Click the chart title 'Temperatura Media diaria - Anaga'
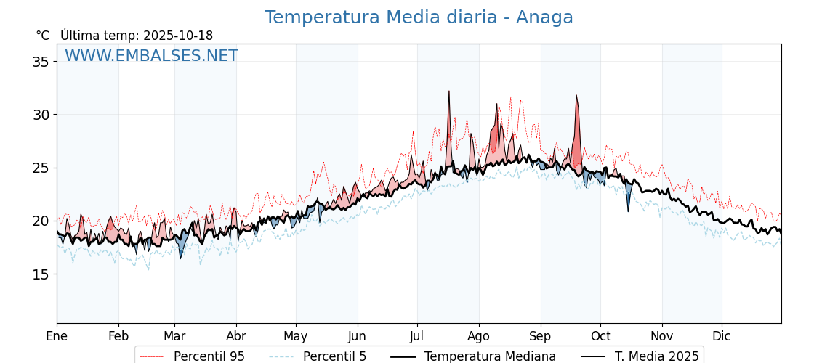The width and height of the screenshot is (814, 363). point(419,17)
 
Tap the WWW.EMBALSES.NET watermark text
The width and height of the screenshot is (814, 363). point(151,56)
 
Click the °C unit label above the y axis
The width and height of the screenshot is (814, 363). point(43,36)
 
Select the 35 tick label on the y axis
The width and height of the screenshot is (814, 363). point(41,62)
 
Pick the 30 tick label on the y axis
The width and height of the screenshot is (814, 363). point(41,115)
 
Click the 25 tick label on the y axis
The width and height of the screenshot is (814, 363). point(41,168)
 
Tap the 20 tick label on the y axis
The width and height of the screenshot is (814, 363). point(41,221)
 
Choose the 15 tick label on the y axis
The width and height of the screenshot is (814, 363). point(41,274)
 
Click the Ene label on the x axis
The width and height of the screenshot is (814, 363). point(57,336)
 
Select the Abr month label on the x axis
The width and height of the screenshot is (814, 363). point(236,336)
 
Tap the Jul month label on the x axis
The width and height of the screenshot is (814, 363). point(417,336)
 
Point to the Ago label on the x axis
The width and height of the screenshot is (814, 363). point(479,336)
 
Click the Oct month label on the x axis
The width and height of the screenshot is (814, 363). point(600,336)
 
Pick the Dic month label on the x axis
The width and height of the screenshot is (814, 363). point(722,336)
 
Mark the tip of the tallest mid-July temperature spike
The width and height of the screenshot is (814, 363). point(449,91)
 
